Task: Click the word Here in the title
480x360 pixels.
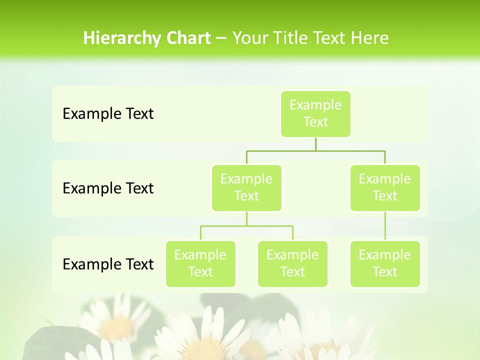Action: click(369, 38)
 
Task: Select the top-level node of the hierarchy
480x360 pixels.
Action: click(315, 114)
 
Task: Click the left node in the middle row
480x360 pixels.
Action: click(246, 188)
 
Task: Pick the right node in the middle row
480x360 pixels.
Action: click(385, 188)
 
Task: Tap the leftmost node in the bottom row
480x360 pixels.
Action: click(200, 264)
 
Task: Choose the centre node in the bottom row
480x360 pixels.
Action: click(292, 264)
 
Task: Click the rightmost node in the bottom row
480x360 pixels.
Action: click(385, 264)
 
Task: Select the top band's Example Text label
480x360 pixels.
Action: click(108, 114)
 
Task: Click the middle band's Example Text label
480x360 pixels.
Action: click(108, 188)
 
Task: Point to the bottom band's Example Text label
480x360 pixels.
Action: click(108, 264)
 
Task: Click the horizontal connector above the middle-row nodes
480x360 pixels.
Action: click(315, 150)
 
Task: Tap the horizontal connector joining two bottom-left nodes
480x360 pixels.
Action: click(246, 226)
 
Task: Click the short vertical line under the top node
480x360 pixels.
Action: click(315, 144)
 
